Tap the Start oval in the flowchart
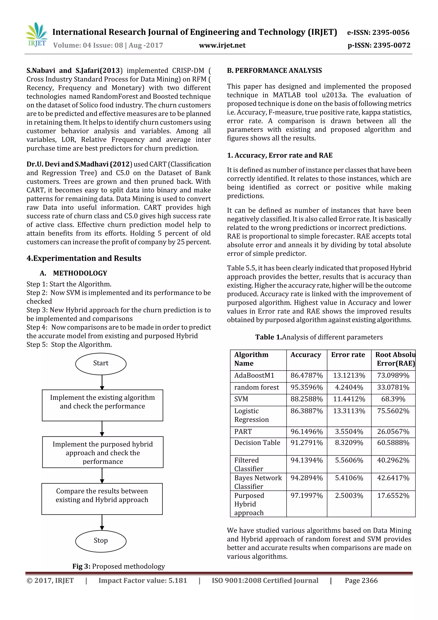pyautogui.click(x=101, y=363)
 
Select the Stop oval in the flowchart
pyautogui.click(x=101, y=541)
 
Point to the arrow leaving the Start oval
pyautogui.click(x=102, y=382)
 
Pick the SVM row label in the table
pyautogui.click(x=241, y=399)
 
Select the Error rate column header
pyautogui.click(x=348, y=355)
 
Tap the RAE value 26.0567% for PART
pyautogui.click(x=393, y=431)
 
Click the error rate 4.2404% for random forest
pyautogui.click(x=349, y=388)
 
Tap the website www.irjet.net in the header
pyautogui.click(x=222, y=45)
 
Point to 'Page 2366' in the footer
pyautogui.click(x=361, y=581)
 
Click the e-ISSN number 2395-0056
pyautogui.click(x=391, y=32)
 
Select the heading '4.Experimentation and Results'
pyautogui.click(x=84, y=259)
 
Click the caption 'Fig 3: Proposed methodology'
pyautogui.click(x=118, y=566)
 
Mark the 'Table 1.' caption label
pyautogui.click(x=269, y=337)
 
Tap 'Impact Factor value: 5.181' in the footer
pyautogui.click(x=142, y=581)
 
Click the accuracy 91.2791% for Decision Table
pyautogui.click(x=306, y=443)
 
